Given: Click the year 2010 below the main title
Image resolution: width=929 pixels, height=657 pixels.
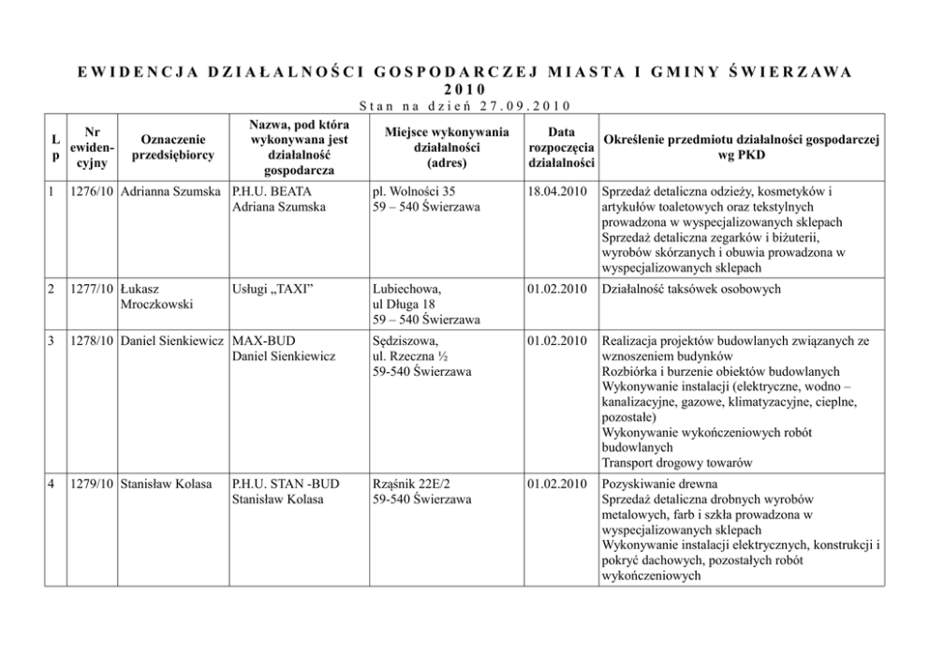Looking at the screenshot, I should tap(464, 89).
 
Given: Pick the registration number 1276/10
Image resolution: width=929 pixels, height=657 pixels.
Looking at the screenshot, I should tap(92, 192).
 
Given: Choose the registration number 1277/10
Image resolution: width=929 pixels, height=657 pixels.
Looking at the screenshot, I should tap(92, 290).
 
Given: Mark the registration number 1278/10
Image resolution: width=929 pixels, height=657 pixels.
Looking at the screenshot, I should tap(92, 339).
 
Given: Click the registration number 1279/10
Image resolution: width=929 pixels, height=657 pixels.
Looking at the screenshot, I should tap(92, 484).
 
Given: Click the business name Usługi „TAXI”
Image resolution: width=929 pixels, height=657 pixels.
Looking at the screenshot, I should tap(272, 290).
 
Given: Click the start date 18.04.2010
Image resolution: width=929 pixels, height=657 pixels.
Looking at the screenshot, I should tap(557, 192).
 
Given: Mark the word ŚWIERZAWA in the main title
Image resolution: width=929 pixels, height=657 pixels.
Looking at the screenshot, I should tap(789, 71).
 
